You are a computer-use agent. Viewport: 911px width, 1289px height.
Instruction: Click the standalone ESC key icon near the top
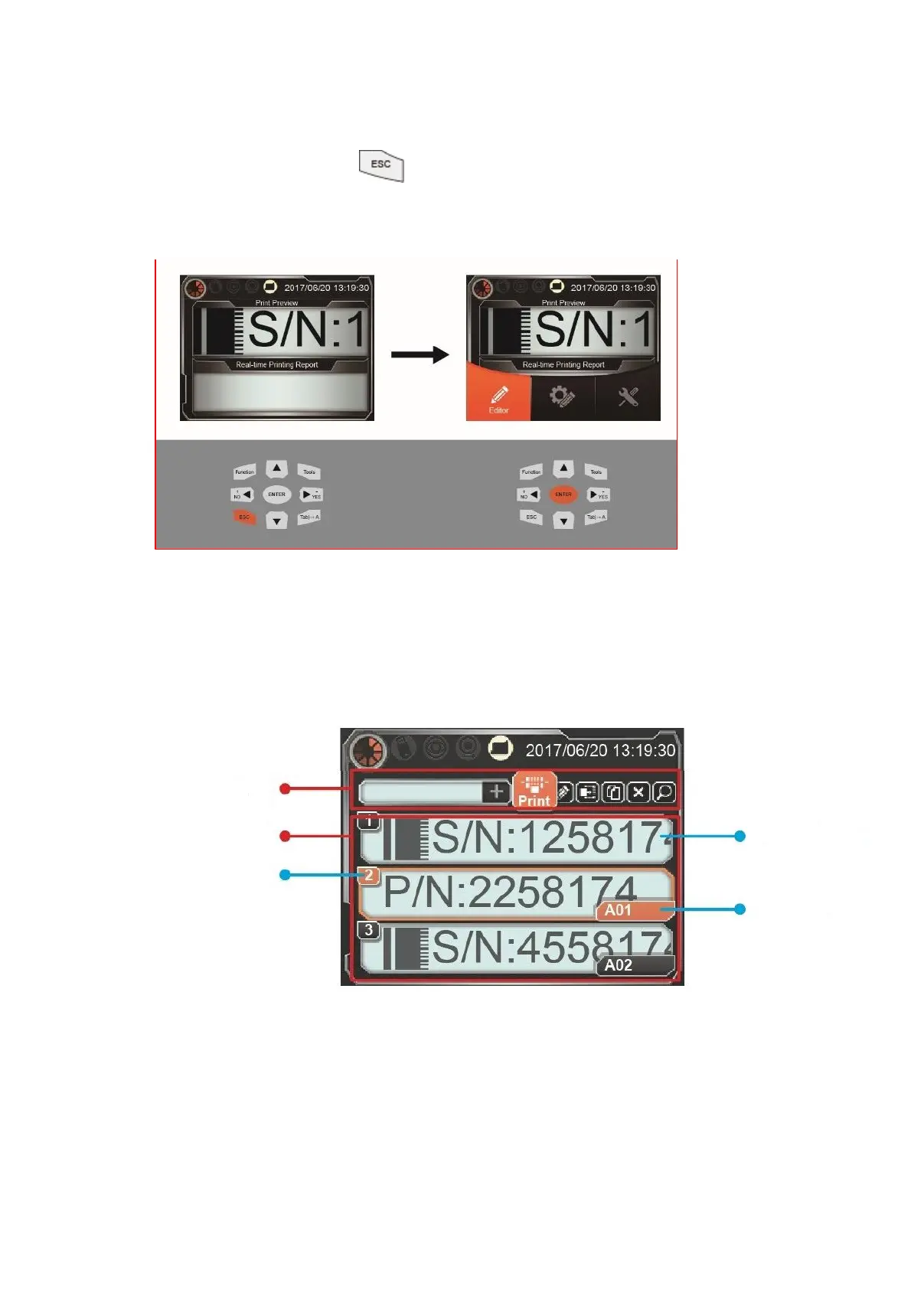pos(381,165)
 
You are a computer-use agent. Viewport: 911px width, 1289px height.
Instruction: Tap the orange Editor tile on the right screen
pos(498,392)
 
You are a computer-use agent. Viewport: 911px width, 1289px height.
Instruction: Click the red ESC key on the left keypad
pos(244,517)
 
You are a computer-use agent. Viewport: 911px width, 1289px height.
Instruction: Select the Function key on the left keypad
pos(244,472)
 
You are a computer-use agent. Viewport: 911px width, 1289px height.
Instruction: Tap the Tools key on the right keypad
pos(596,472)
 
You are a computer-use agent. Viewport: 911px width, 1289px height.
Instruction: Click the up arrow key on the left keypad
pos(276,468)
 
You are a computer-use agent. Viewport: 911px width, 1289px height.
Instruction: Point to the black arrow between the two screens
pos(420,354)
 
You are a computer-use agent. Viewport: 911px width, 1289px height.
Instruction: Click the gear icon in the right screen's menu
pos(562,396)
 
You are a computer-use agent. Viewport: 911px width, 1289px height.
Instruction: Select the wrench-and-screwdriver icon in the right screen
pos(628,396)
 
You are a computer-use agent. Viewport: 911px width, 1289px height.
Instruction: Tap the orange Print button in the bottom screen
pos(534,791)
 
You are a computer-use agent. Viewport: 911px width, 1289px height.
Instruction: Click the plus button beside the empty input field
pos(496,791)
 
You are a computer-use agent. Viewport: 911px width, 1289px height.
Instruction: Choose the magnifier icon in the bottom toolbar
pos(664,792)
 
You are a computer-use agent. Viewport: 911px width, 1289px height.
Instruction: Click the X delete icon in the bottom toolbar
pos(638,792)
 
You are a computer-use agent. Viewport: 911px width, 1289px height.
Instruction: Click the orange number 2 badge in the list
pos(369,875)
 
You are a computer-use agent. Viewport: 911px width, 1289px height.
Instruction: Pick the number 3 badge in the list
pos(369,930)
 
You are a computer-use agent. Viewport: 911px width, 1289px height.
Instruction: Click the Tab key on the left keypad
pos(309,517)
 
